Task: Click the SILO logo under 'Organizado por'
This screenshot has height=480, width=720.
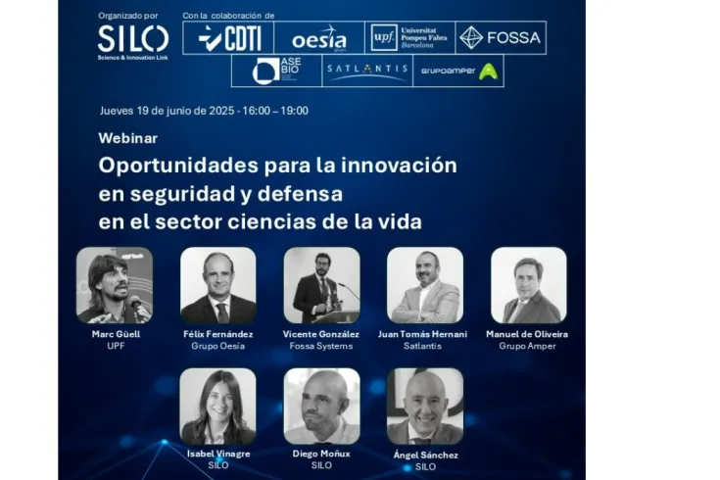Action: point(132,39)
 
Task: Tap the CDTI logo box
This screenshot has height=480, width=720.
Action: point(226,38)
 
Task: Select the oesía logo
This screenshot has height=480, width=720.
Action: point(318,38)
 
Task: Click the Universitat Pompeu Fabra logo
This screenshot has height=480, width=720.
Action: point(409,38)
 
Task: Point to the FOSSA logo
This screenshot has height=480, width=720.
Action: point(500,38)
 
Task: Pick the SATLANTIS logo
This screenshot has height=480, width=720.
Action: point(365,71)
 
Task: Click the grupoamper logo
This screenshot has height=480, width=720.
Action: point(458,71)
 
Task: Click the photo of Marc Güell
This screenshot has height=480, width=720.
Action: point(115,285)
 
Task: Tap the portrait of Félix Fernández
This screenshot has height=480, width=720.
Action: point(218,285)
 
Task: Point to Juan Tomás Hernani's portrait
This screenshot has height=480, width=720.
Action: point(424,285)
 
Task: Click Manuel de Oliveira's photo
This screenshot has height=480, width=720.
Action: point(528,285)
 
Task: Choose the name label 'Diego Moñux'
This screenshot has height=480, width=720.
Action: point(321,455)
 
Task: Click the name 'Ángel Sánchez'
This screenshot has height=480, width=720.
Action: point(424,455)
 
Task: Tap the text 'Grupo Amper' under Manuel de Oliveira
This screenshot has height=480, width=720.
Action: point(527,346)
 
